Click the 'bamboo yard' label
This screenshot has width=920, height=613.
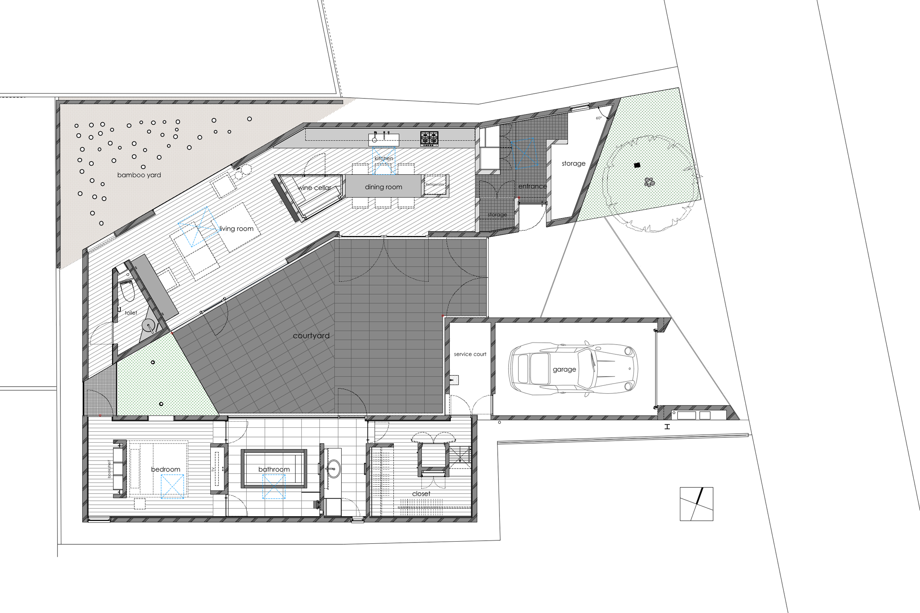click(x=139, y=175)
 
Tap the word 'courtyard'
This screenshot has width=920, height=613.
click(x=311, y=336)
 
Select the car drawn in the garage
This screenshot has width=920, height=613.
click(x=573, y=369)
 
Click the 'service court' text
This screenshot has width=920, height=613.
click(x=470, y=354)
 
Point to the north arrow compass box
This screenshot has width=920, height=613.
click(x=696, y=504)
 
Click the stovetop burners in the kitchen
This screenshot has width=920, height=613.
click(x=429, y=138)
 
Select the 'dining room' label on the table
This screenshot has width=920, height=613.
click(x=383, y=187)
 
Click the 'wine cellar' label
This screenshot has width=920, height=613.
click(x=315, y=188)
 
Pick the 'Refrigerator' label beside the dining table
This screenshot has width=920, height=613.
click(x=435, y=184)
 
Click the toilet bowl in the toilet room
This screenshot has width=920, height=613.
click(x=127, y=291)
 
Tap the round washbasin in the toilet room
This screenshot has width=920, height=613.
click(x=149, y=326)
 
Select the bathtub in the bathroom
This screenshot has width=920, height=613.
click(x=274, y=469)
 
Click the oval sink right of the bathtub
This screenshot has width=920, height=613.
click(x=333, y=469)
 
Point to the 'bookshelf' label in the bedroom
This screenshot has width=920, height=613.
click(x=109, y=469)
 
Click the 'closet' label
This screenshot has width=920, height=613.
click(x=421, y=494)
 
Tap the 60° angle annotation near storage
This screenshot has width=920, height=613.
click(x=598, y=118)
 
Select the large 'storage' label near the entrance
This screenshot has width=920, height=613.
click(x=573, y=164)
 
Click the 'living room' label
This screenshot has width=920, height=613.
click(x=236, y=229)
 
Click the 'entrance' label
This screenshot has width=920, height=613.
click(x=532, y=187)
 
